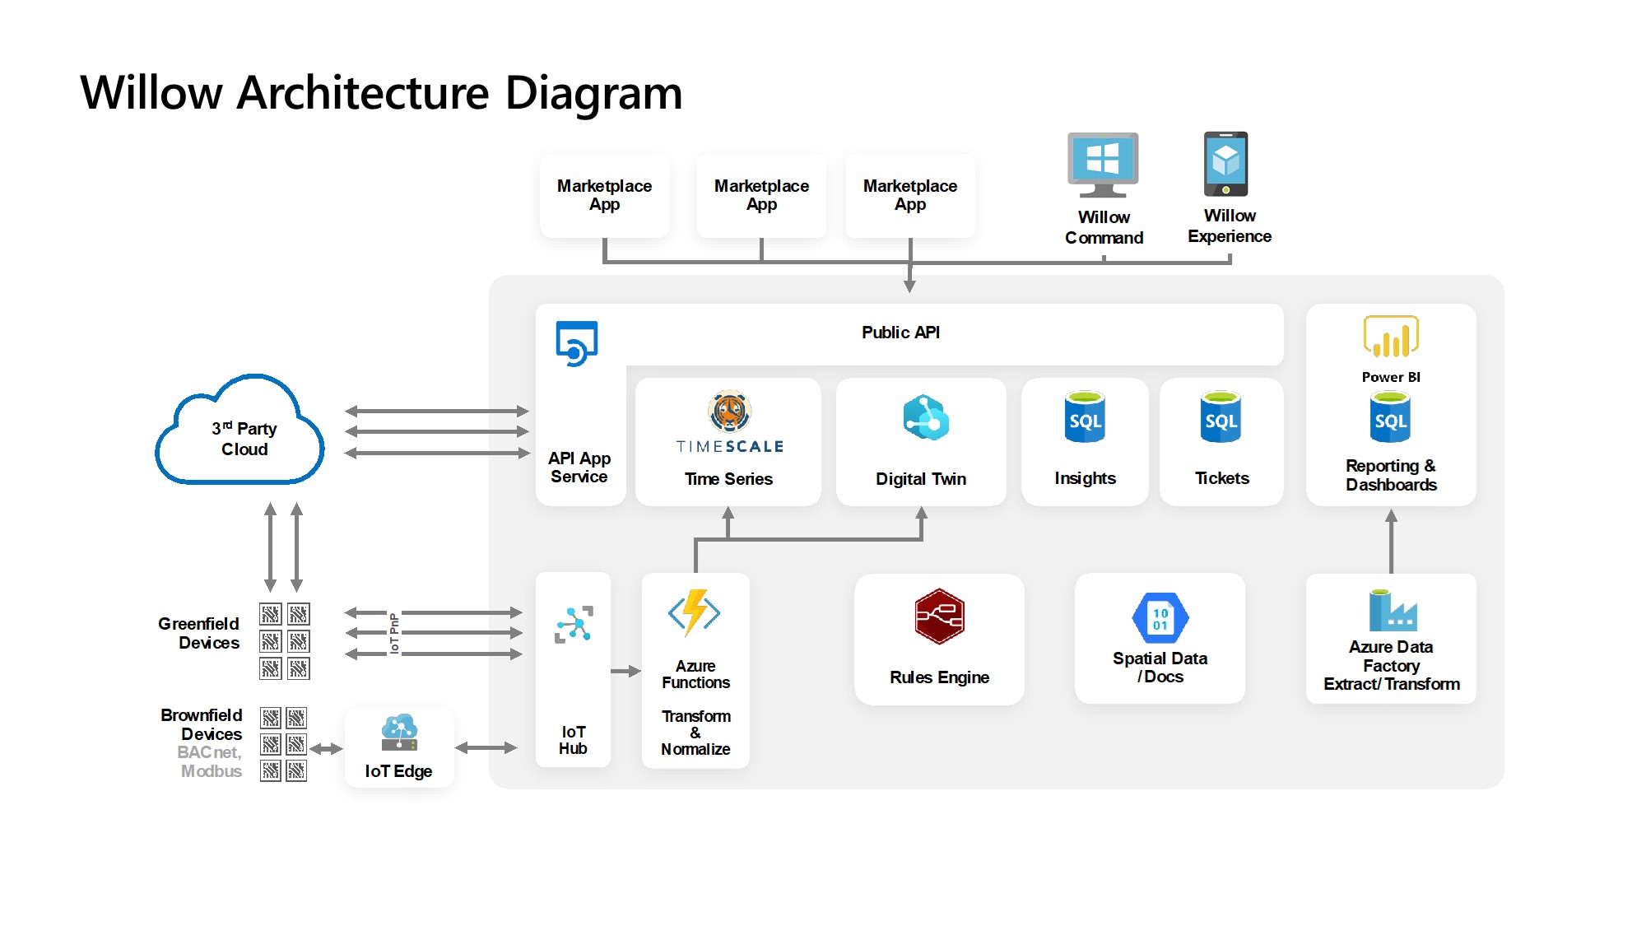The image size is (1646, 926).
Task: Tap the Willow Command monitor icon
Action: (1103, 165)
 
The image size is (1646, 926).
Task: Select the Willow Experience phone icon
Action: (1225, 164)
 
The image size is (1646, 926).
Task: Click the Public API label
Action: (900, 333)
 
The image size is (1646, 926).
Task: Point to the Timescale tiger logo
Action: (729, 411)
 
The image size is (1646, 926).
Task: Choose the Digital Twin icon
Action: (925, 418)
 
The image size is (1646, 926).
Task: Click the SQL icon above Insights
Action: (1085, 417)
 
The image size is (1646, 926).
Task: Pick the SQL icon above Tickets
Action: (1221, 417)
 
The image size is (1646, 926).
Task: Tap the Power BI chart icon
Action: (1391, 337)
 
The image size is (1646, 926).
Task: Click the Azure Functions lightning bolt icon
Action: (695, 612)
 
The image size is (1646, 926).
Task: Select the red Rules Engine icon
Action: (939, 617)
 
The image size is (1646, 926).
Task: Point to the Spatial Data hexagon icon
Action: (1160, 618)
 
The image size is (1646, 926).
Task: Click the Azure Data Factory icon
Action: (1392, 611)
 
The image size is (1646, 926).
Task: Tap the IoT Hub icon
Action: (574, 625)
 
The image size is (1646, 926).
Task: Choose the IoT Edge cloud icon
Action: (399, 732)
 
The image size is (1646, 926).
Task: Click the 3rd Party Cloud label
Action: (244, 439)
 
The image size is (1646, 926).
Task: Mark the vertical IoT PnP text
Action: (394, 633)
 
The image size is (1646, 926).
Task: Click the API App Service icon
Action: (576, 343)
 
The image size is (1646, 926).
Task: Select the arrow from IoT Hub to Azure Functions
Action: (625, 671)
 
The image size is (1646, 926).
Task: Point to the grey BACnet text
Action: (209, 752)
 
